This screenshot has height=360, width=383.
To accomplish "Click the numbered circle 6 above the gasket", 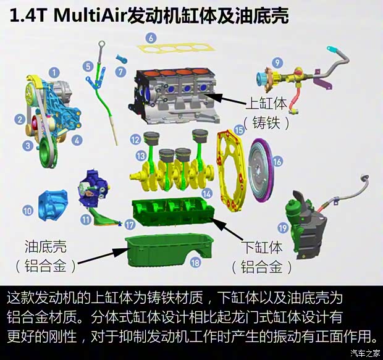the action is tap(151, 38).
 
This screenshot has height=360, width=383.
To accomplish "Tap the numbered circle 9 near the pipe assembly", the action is tap(277, 63).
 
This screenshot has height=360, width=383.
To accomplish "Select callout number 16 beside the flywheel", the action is tap(277, 161).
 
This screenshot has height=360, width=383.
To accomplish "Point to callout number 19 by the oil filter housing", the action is tap(283, 228).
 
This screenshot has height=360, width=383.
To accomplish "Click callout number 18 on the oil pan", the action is tap(195, 263).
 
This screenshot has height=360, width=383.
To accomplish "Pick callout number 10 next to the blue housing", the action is tap(28, 211).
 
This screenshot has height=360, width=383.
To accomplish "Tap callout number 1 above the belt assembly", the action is tap(54, 72).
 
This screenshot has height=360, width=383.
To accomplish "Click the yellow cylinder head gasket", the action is tap(176, 48).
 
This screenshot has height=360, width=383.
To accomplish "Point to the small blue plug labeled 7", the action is tap(122, 59).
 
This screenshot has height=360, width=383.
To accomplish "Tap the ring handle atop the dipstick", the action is tap(101, 44).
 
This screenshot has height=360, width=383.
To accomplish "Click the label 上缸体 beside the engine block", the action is tap(266, 103).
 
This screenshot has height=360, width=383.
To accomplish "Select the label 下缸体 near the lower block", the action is tap(261, 248).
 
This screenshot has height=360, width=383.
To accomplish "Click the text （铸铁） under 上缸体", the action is tap(266, 122).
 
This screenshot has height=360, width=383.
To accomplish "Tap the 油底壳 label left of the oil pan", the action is tap(46, 246).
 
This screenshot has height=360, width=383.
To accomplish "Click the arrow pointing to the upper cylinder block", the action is tap(225, 99).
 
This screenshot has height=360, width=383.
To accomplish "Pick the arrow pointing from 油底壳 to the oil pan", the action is tap(104, 256).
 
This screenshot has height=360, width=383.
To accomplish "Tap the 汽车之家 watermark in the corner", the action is tap(365, 353).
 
